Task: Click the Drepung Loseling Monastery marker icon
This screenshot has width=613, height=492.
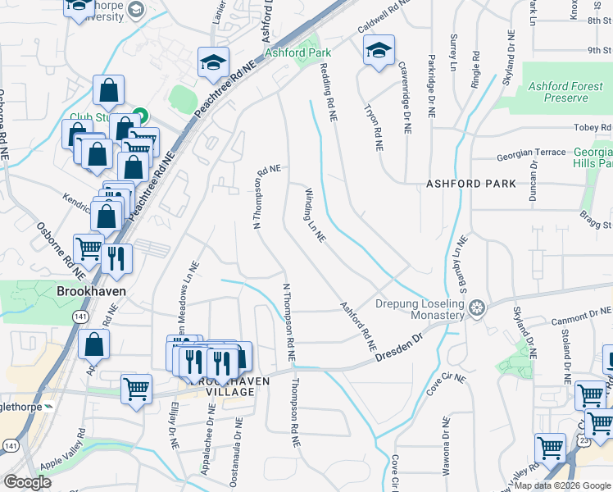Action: (x=477, y=308)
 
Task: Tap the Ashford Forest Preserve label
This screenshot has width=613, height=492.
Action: (x=558, y=92)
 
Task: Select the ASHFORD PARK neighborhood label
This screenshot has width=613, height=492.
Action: (x=471, y=184)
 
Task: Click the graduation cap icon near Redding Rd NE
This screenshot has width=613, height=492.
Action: (x=379, y=51)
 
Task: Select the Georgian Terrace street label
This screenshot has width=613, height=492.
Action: (x=532, y=153)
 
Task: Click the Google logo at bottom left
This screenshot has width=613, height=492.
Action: (x=27, y=482)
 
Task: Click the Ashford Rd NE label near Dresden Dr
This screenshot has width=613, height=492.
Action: (x=357, y=321)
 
